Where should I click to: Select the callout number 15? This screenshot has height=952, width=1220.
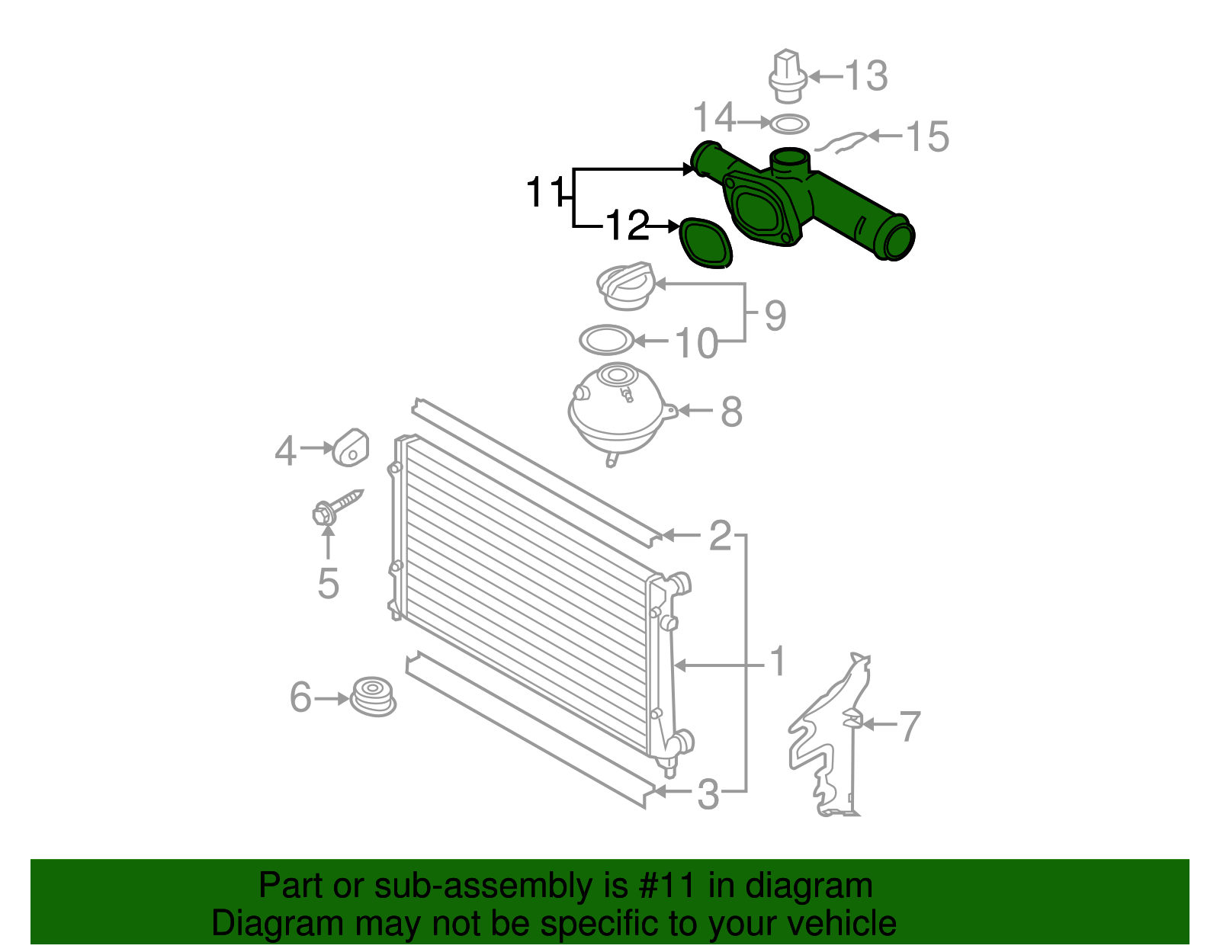[x=927, y=137]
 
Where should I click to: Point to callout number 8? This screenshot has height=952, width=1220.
[x=731, y=412]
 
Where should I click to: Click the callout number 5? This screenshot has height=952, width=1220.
[x=328, y=584]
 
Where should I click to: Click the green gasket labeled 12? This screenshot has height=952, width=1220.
[x=705, y=243]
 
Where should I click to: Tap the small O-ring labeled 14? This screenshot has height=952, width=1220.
[x=789, y=123]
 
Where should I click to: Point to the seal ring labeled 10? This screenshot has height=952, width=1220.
[x=606, y=340]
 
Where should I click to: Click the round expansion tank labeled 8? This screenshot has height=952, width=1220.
[x=617, y=412]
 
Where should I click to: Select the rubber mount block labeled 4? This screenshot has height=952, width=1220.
[x=351, y=447]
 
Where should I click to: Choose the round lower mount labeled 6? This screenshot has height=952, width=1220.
[x=374, y=696]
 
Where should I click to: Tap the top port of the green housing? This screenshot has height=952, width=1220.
[x=789, y=160]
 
